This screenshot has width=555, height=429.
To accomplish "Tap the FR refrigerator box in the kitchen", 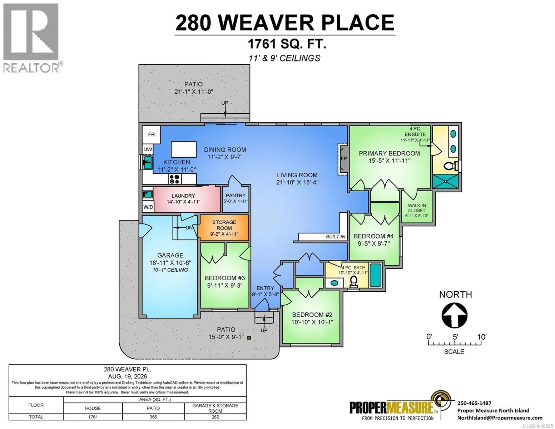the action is click(151, 134).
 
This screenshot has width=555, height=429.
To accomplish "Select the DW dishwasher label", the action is click(148, 149).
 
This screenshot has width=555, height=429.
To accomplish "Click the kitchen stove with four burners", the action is click(175, 179).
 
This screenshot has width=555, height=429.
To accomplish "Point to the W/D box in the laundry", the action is click(148, 207).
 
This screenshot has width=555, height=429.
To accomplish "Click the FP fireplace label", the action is click(344, 158).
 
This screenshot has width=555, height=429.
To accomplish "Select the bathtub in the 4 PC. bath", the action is click(376, 275).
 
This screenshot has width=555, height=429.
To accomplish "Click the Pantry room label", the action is click(236, 196).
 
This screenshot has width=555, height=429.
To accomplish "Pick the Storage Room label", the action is click(224, 225).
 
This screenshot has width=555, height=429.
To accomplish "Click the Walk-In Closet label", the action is click(417, 208).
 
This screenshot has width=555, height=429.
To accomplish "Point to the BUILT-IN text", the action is click(335, 237).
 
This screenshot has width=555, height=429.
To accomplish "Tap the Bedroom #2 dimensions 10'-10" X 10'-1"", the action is click(312, 322).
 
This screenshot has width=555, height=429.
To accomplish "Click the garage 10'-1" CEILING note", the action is click(170, 270).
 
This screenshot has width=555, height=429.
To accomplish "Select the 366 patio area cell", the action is click(153, 417).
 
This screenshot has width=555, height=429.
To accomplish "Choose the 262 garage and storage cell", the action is click(215, 417).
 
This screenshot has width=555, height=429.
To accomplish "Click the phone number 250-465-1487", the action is click(474, 403).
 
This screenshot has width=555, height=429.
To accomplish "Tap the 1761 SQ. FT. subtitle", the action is click(287, 44).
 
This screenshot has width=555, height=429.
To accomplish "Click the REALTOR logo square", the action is click(31, 32).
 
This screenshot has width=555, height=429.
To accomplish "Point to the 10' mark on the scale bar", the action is click(482, 337).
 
